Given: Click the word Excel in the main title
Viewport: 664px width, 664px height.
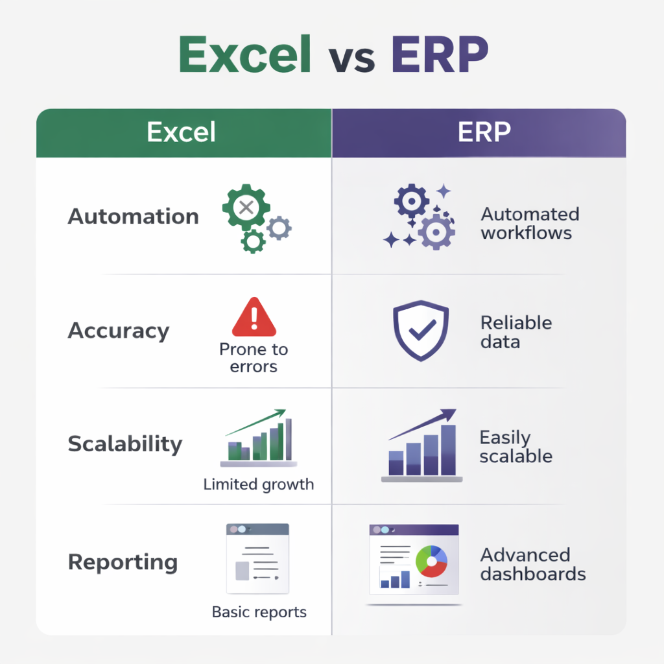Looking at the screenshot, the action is [244, 54].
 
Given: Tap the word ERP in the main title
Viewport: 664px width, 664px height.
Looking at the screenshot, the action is [440, 54].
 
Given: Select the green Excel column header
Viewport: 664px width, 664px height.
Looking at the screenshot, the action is [184, 133].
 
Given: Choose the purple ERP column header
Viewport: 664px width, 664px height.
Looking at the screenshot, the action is [479, 133].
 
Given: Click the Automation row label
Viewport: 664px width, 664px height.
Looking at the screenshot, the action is [134, 216].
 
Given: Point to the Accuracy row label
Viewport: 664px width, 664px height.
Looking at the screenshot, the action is [119, 331].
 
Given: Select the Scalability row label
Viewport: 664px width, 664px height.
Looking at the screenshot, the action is [125, 444].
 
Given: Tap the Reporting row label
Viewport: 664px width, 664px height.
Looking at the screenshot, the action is [123, 562].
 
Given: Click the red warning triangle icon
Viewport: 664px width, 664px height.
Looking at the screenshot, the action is [254, 317].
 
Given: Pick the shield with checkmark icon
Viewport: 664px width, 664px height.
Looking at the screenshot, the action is [420, 330].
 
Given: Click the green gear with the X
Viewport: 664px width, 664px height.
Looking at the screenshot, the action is [246, 207].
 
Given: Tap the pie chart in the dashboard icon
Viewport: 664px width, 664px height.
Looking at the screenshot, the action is [431, 562].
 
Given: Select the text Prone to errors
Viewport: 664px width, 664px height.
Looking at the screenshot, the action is [254, 358].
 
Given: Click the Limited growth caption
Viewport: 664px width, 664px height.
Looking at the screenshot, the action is [259, 484].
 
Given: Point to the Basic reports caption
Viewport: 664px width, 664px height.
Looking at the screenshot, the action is [259, 612].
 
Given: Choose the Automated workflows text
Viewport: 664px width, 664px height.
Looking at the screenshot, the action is [530, 223].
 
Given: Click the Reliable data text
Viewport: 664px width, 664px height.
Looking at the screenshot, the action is [516, 332].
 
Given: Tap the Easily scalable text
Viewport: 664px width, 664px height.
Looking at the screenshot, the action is [516, 447].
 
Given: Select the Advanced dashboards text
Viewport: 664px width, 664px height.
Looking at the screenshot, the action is [533, 565].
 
